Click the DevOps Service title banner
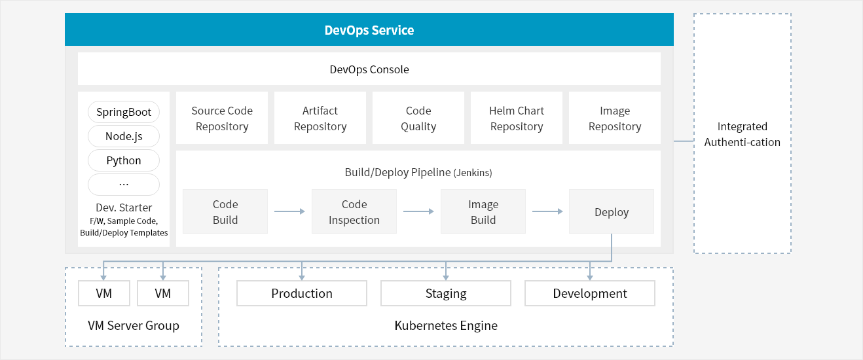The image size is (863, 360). (369, 29)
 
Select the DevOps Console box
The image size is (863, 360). (369, 69)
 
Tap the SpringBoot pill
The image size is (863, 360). (124, 112)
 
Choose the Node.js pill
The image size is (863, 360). (124, 136)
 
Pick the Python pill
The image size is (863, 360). (124, 160)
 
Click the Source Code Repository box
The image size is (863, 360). (222, 118)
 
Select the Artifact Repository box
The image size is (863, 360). (320, 118)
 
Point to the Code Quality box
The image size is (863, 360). (418, 118)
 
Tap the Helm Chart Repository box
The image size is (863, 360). (517, 118)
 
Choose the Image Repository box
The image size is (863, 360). (615, 118)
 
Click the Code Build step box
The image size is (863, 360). (225, 211)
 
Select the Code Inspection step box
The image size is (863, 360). (354, 211)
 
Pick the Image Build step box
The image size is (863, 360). (483, 211)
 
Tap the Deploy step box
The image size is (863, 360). (612, 211)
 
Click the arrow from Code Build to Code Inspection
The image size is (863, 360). (289, 211)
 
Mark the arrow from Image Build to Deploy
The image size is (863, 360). (547, 211)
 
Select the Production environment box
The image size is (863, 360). (302, 293)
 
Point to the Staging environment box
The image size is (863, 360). (446, 293)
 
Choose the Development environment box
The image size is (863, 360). (590, 293)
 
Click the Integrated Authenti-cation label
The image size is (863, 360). (743, 134)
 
